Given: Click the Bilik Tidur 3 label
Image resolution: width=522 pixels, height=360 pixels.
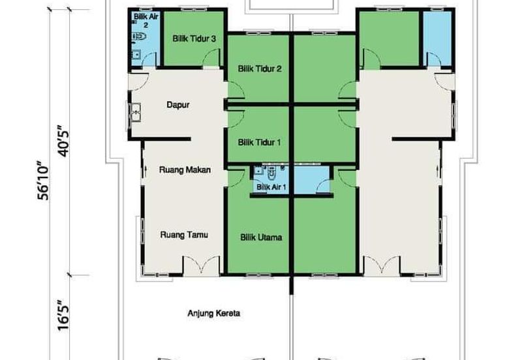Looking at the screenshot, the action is [x=194, y=38].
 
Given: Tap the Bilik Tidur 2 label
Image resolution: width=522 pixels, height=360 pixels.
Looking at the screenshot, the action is [x=260, y=69].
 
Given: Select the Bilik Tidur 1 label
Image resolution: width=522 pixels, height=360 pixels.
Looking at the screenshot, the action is [x=259, y=142].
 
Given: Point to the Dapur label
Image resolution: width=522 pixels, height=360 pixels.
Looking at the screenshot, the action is [x=177, y=105].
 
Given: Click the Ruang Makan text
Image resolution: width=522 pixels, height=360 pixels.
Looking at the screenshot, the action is [x=185, y=170].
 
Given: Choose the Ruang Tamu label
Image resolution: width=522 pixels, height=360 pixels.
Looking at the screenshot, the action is [x=184, y=235].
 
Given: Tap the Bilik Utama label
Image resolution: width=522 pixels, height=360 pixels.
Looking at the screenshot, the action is [x=262, y=237].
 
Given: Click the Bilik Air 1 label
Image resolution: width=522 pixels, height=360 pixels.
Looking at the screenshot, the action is [x=271, y=187].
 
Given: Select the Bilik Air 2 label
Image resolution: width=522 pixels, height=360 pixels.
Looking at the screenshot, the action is [x=146, y=20].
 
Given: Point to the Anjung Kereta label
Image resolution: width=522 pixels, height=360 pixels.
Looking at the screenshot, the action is [x=214, y=313].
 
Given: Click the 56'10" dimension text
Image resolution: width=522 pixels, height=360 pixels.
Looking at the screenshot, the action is [x=43, y=181].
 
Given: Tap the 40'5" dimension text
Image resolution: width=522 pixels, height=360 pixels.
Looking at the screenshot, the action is [x=63, y=141].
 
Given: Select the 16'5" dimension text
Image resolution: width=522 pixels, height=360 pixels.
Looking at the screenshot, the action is [x=63, y=316].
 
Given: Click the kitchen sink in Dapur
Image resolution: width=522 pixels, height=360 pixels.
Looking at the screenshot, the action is [x=135, y=112].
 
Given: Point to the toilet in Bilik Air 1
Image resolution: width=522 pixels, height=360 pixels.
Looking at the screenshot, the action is [x=272, y=172].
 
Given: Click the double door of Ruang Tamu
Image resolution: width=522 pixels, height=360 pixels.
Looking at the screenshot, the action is [x=202, y=265].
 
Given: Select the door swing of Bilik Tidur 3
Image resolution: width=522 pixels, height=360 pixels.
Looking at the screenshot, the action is [x=211, y=57].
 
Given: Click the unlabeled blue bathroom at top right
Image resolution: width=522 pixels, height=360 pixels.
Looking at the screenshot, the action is [x=437, y=38].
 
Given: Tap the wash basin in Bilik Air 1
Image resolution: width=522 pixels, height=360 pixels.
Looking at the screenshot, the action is [x=258, y=171].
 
